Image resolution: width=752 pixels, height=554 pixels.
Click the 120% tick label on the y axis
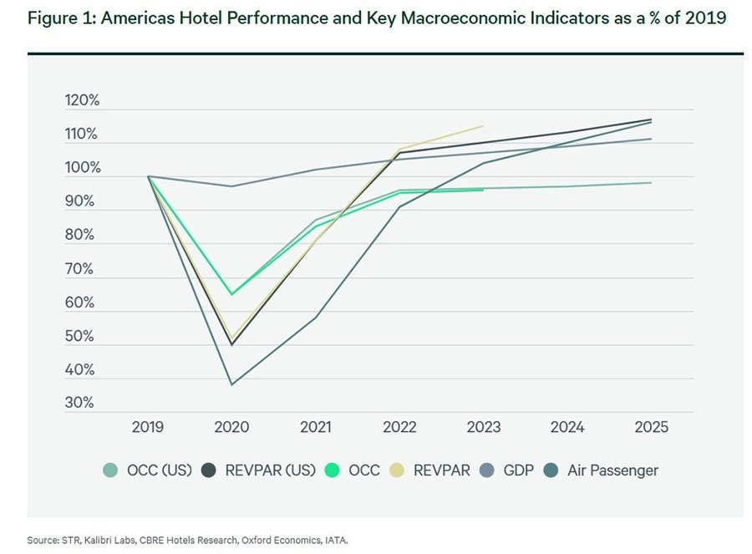click(x=82, y=100)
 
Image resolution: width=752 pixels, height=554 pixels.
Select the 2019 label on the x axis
click(x=148, y=427)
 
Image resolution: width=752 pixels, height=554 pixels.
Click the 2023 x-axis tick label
click(x=483, y=427)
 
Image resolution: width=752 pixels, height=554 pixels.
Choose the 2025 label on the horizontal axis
click(x=651, y=427)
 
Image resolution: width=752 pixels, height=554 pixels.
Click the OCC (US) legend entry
click(x=159, y=470)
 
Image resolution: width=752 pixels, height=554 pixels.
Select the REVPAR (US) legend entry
click(x=270, y=470)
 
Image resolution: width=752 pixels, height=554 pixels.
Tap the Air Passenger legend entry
click(x=612, y=470)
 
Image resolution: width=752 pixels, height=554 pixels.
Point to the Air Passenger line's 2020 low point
click(x=231, y=384)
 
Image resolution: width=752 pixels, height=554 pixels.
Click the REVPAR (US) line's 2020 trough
click(x=231, y=344)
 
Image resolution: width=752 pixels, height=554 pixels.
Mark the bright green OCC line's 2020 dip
click(x=231, y=294)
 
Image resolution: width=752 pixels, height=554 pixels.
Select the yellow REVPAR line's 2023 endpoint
click(x=483, y=126)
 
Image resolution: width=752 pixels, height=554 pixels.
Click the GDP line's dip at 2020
click(x=231, y=186)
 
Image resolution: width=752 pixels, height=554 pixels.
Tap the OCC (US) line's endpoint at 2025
click(x=651, y=183)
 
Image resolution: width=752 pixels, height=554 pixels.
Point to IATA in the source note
click(x=334, y=541)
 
